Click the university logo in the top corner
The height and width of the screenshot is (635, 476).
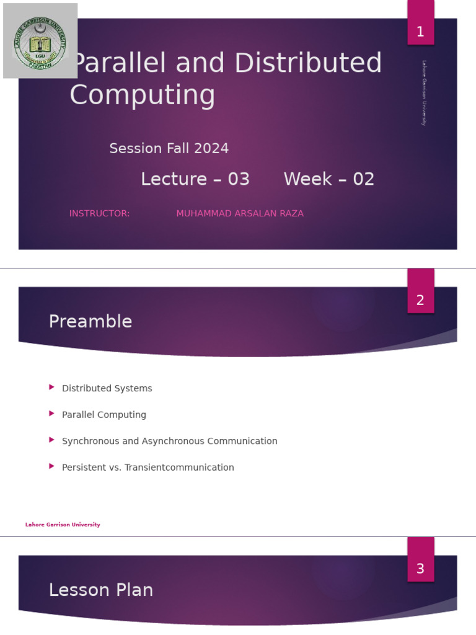(40, 41)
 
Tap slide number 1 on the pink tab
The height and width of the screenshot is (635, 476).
(420, 32)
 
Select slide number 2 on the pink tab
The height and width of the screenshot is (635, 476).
(420, 301)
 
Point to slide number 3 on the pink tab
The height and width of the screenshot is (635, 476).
(420, 569)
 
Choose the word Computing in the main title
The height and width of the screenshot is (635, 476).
(143, 95)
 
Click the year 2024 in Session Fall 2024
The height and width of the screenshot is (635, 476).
(211, 149)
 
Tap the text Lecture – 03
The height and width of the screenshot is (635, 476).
(195, 179)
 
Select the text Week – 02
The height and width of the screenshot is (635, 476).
(329, 179)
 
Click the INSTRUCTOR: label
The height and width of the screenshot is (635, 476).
(99, 213)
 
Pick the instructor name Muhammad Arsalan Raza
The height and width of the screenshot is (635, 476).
(240, 213)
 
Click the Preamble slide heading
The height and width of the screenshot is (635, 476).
(90, 321)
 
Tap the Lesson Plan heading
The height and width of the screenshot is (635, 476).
(101, 590)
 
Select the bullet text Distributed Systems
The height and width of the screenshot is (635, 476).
(107, 388)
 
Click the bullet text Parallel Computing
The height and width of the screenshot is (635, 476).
(104, 415)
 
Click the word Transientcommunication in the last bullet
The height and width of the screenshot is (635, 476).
(179, 468)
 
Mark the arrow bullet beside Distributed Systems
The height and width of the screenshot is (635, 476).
(52, 387)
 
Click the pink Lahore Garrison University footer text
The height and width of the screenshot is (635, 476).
(63, 525)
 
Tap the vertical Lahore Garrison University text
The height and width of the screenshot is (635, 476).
(424, 93)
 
